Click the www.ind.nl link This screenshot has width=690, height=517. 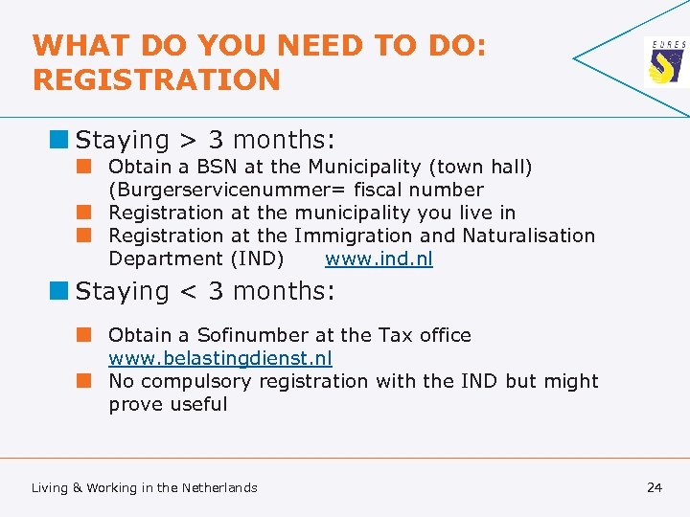(379, 258)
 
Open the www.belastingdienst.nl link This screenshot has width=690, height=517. (220, 358)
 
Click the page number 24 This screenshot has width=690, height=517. (655, 487)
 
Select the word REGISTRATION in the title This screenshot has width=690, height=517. (157, 79)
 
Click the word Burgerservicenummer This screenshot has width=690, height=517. (236, 190)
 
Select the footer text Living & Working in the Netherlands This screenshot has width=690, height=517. (145, 487)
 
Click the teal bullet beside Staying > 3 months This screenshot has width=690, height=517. (60, 140)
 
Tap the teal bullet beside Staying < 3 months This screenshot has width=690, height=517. (60, 291)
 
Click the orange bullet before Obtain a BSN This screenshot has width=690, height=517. (85, 167)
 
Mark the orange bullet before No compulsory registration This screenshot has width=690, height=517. (85, 381)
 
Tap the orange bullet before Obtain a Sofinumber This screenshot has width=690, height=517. (85, 335)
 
